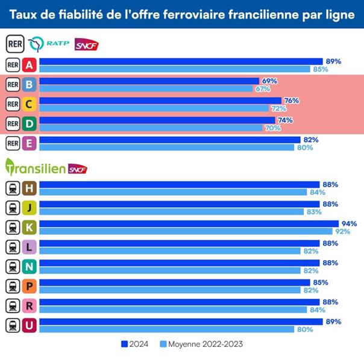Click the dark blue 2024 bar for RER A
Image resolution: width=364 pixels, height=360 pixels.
tap(181, 61)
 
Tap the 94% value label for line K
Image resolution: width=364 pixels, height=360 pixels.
tap(349, 223)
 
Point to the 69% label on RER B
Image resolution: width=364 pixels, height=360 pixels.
tap(269, 81)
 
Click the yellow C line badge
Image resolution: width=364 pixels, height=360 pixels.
tap(29, 104)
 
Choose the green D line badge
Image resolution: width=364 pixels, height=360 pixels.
tap(29, 123)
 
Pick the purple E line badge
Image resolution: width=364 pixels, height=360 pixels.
tap(29, 143)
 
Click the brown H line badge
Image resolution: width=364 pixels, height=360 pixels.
tap(29, 188)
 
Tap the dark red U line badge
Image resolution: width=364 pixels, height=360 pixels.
tap(29, 325)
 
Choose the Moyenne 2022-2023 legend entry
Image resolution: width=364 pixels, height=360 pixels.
tap(201, 344)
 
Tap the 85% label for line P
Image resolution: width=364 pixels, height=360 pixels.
tap(320, 282)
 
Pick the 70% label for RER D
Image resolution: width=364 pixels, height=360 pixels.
tap(272, 128)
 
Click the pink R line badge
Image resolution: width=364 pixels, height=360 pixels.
tap(29, 305)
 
